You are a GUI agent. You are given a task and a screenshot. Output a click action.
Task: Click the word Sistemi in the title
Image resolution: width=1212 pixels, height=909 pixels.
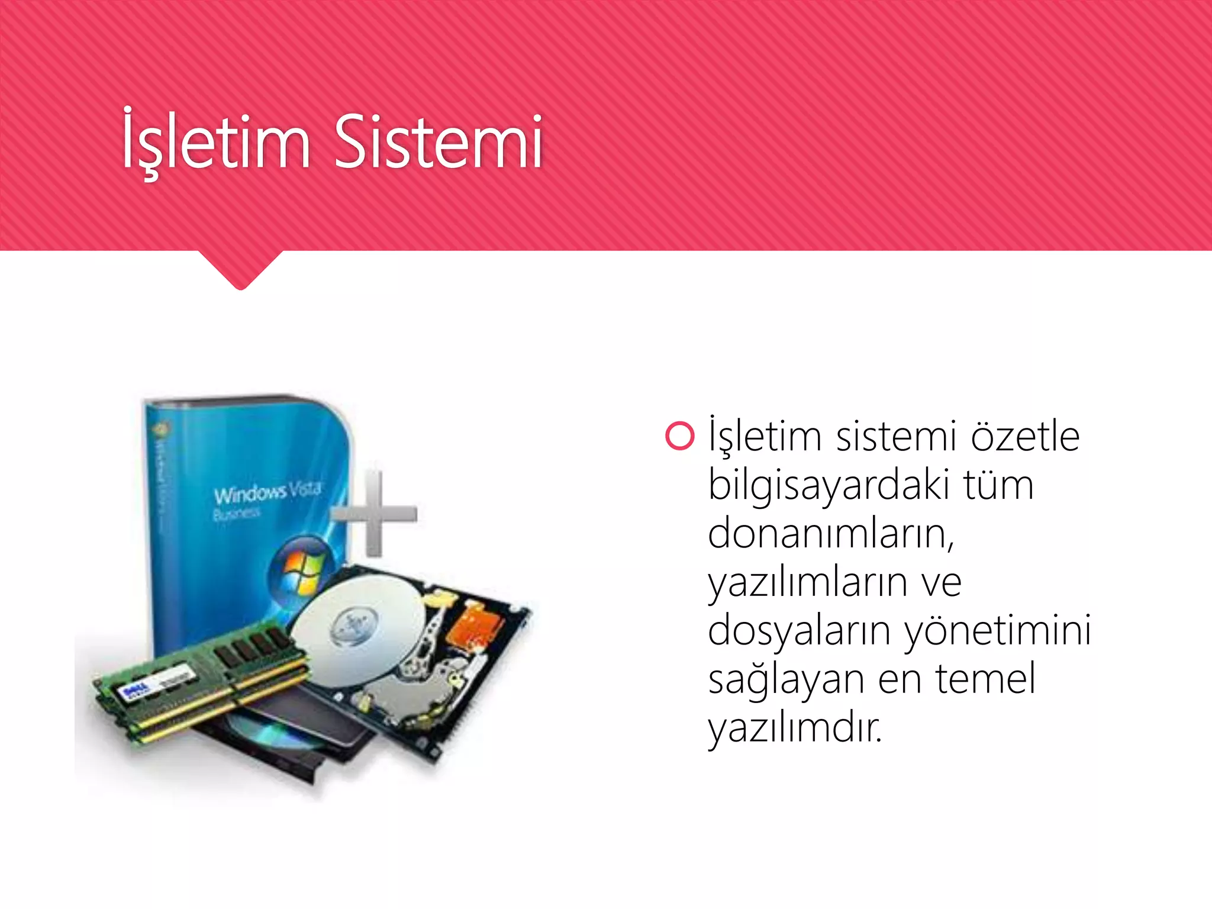click(438, 142)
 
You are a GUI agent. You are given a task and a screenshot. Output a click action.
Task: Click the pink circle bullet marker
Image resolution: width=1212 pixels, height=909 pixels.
click(679, 436)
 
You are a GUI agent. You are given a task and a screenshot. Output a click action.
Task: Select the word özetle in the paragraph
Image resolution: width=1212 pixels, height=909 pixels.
click(1025, 436)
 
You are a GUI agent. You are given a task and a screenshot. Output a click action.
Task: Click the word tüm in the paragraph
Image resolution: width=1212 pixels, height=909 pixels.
click(998, 485)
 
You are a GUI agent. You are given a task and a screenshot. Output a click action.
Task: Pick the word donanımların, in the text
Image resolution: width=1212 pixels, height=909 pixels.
click(831, 534)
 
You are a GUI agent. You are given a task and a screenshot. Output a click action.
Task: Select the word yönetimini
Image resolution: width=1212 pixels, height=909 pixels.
click(998, 631)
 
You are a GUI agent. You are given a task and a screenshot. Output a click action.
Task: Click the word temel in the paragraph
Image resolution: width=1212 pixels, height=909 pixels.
click(985, 679)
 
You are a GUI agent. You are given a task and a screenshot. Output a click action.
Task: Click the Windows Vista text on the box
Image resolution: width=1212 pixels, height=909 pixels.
click(267, 491)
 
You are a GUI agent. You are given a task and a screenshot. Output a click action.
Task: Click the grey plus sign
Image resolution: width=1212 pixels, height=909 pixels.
click(374, 513)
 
